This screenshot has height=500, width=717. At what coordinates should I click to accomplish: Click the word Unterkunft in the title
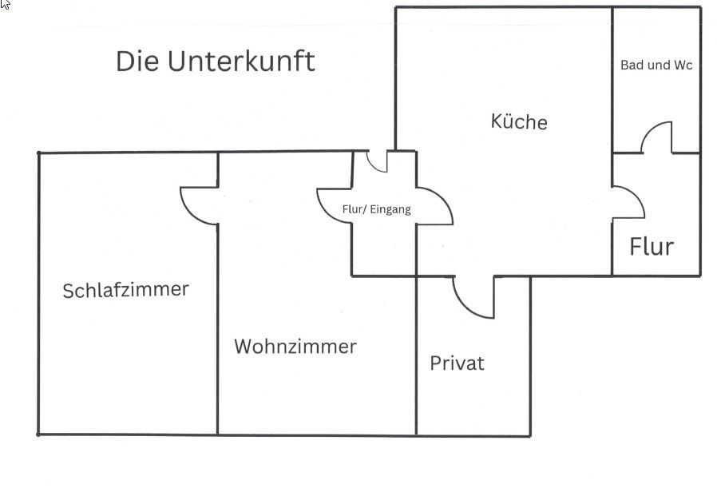tap(241, 62)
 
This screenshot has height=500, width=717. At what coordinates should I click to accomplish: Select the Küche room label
tap(519, 121)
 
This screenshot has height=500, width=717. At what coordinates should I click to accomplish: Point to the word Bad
tap(632, 65)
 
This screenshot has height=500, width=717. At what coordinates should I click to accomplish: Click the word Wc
tap(683, 65)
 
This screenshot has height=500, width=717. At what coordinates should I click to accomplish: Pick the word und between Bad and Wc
tap(659, 65)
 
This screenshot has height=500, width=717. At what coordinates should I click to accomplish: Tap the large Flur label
tap(652, 247)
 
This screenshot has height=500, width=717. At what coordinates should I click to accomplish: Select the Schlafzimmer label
tap(125, 289)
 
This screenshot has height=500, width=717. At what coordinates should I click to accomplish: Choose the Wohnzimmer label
tap(295, 347)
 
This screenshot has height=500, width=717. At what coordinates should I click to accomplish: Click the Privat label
tap(457, 363)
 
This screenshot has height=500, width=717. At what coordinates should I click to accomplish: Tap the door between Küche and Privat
tap(473, 299)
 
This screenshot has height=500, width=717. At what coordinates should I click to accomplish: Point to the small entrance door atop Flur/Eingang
tap(377, 161)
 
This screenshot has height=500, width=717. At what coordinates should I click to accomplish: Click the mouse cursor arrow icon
tap(6, 5)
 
